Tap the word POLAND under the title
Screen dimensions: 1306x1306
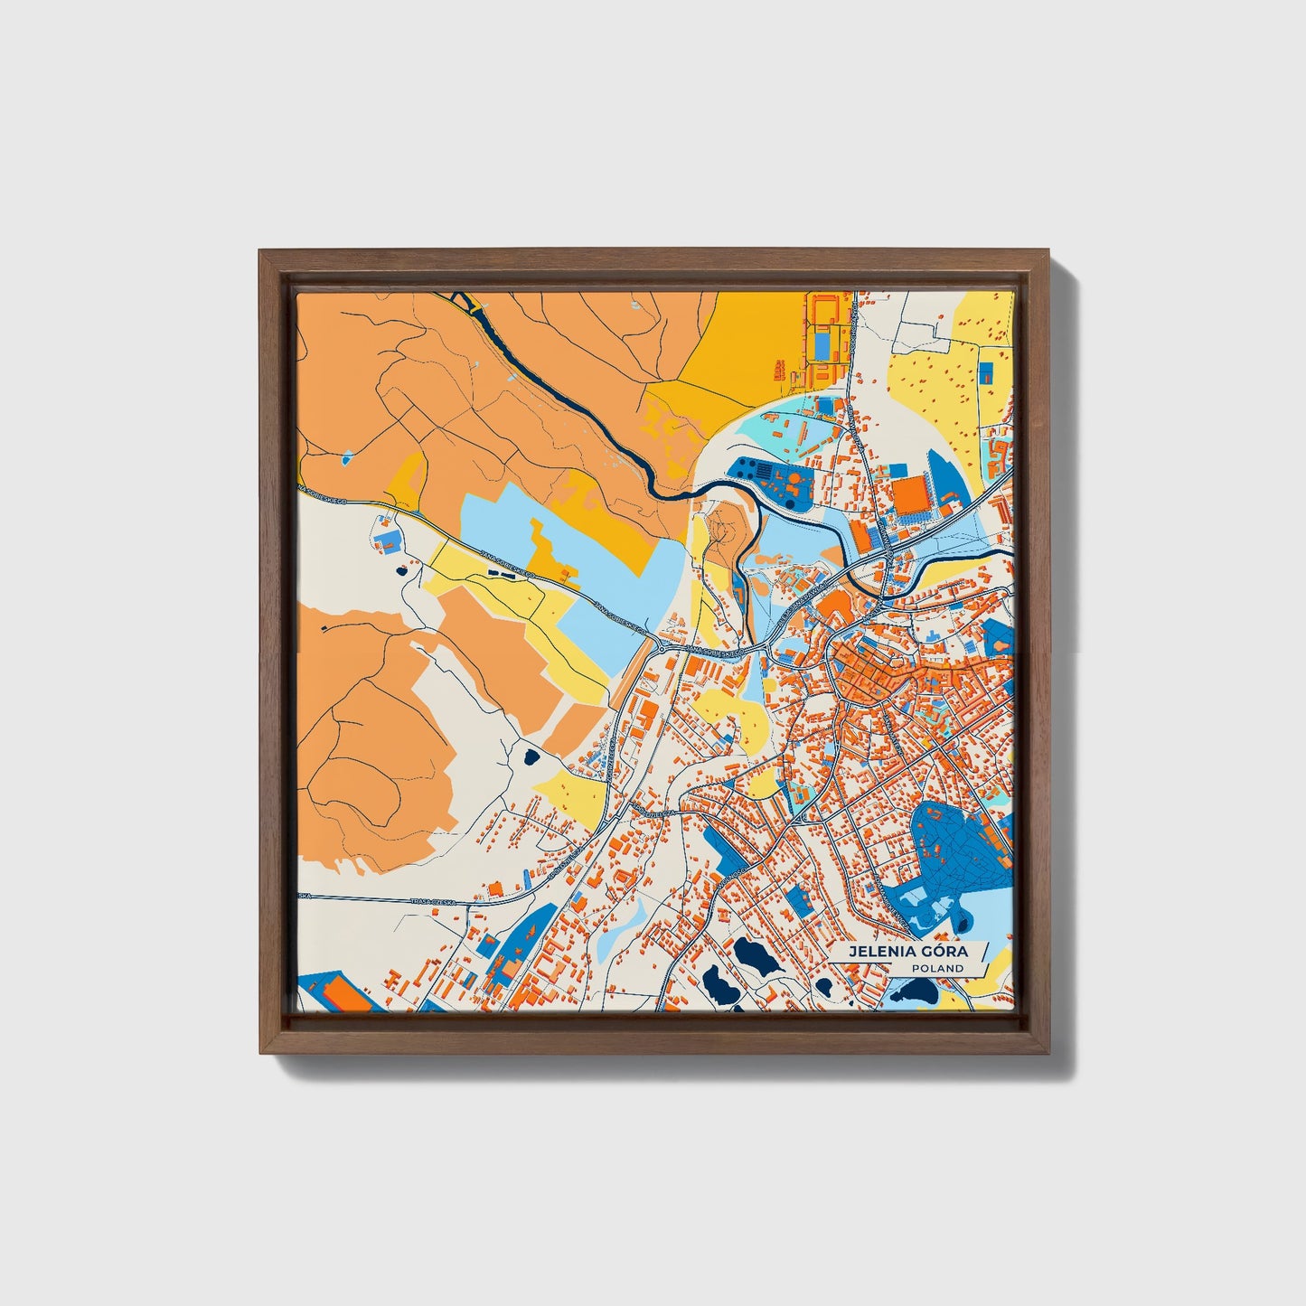[937, 968]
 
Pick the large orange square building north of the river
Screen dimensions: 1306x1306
[910, 494]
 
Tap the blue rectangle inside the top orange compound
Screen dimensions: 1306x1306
[822, 343]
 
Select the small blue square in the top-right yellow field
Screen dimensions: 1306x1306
[986, 370]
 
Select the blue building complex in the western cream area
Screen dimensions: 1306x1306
[387, 540]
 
